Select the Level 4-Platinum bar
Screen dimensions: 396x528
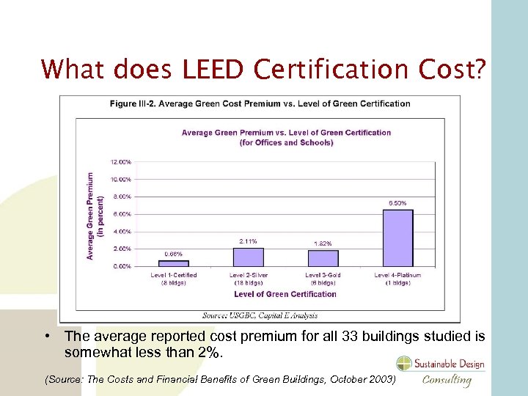coord(397,238)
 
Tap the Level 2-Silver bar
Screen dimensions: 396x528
coord(249,257)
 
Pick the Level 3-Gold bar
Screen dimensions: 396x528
coord(323,258)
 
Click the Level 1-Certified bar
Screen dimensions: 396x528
coord(174,263)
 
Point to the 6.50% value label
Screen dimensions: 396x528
coord(397,203)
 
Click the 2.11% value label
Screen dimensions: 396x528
coord(248,241)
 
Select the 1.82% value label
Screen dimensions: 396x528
coord(323,243)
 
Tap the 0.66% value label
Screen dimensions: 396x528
coord(173,254)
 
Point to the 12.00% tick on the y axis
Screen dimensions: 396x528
coord(121,161)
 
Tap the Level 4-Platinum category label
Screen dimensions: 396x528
coord(397,278)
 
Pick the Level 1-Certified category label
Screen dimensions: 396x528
coord(174,278)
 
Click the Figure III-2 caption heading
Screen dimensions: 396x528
coord(260,103)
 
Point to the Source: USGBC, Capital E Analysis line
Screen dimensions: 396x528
coord(260,315)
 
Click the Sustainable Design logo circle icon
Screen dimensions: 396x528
coord(405,364)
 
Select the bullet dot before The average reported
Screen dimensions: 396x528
coord(46,337)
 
